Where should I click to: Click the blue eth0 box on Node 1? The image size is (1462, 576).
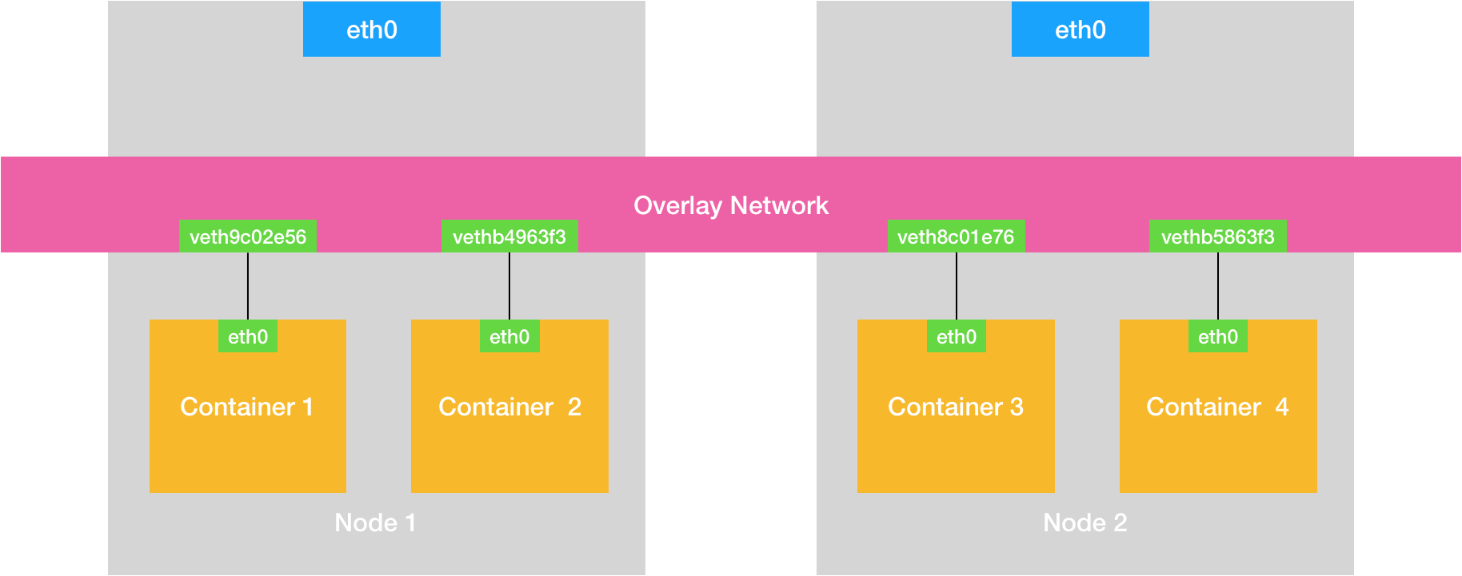pyautogui.click(x=371, y=30)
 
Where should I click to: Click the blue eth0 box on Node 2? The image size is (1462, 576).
pyautogui.click(x=1080, y=30)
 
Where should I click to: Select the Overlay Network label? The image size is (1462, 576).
pyautogui.click(x=730, y=205)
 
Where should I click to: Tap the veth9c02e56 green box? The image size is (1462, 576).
pyautogui.click(x=247, y=236)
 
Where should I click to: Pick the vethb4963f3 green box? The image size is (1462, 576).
pyautogui.click(x=509, y=236)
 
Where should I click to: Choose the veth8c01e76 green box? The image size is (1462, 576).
pyautogui.click(x=956, y=236)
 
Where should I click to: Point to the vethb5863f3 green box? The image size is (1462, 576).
pyautogui.click(x=1217, y=236)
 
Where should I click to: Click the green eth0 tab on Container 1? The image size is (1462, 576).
pyautogui.click(x=248, y=336)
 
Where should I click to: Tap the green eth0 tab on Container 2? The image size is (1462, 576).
pyautogui.click(x=509, y=336)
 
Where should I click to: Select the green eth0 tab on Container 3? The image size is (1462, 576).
pyautogui.click(x=957, y=336)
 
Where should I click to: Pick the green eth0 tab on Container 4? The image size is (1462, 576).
pyautogui.click(x=1217, y=336)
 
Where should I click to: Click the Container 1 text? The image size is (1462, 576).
pyautogui.click(x=246, y=407)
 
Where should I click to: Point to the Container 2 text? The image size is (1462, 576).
pyautogui.click(x=509, y=407)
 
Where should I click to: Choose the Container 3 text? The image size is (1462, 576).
pyautogui.click(x=956, y=407)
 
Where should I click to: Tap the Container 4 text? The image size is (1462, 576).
pyautogui.click(x=1217, y=407)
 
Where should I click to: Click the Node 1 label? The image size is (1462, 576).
pyautogui.click(x=375, y=522)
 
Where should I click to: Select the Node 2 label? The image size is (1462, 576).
pyautogui.click(x=1085, y=522)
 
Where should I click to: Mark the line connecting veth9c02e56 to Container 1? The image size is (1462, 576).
pyautogui.click(x=248, y=286)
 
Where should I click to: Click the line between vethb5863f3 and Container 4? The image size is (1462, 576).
pyautogui.click(x=1218, y=286)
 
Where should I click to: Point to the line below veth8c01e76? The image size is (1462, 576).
pyautogui.click(x=957, y=286)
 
